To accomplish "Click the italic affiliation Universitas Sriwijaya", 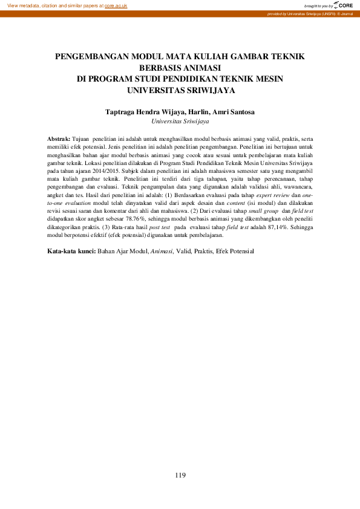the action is (x=180, y=121).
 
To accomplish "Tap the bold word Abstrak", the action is (x=59, y=139).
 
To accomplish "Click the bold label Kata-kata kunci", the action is (x=71, y=250).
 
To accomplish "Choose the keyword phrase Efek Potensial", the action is (x=235, y=250).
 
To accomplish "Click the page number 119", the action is (x=180, y=476).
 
